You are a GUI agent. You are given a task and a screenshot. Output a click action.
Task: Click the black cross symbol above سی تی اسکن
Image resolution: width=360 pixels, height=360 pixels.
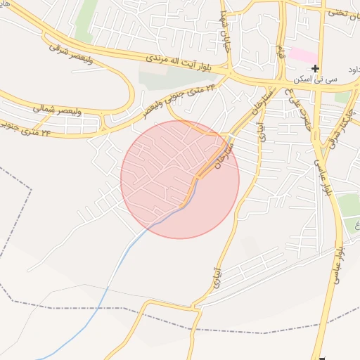click(x=315, y=68)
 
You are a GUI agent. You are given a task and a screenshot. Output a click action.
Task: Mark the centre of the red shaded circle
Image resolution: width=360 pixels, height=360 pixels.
click(x=180, y=179)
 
